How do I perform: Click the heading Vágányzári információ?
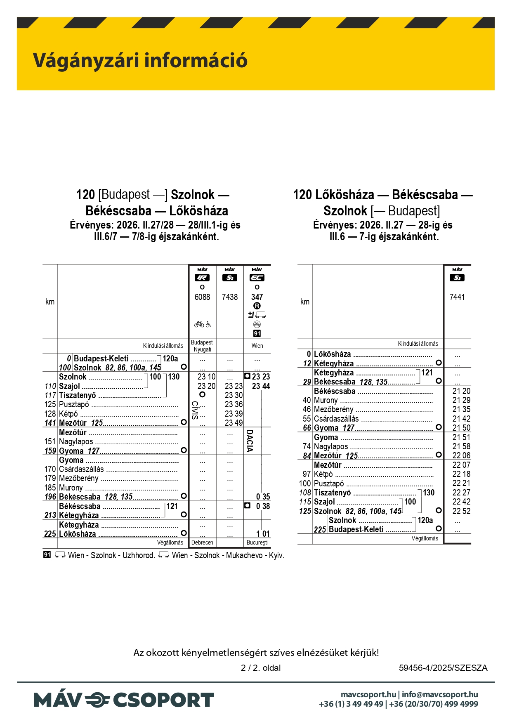(140, 60)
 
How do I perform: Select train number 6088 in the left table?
(202, 297)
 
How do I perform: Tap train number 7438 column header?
(230, 297)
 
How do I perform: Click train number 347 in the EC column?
(257, 297)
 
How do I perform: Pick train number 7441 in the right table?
(457, 297)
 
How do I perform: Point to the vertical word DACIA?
(249, 441)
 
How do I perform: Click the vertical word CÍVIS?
(194, 410)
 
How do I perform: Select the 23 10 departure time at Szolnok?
(206, 377)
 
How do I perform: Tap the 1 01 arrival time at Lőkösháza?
(263, 534)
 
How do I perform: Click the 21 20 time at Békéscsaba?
(461, 391)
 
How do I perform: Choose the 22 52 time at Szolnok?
(461, 511)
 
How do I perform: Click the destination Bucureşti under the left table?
(257, 542)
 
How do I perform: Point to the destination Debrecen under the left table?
(202, 542)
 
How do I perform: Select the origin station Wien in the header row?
(257, 346)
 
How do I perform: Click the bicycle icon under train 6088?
(199, 324)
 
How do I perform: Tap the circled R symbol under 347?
(257, 306)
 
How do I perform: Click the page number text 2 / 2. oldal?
(261, 668)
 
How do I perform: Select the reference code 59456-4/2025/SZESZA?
(443, 668)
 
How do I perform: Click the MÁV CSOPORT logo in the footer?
(124, 700)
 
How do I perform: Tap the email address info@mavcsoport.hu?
(440, 695)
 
